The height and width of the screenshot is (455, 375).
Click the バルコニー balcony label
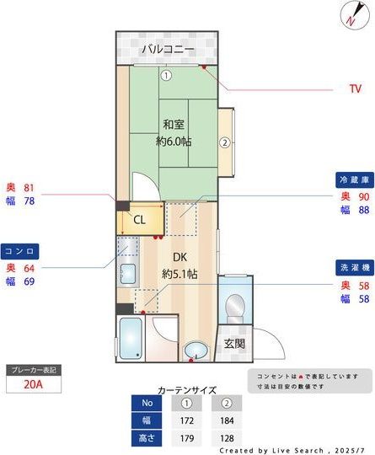[168, 50]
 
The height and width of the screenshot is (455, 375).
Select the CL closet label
[139, 219]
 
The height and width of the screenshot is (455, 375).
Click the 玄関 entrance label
[234, 343]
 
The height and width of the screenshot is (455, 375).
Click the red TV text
[355, 88]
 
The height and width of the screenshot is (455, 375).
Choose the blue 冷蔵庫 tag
[354, 180]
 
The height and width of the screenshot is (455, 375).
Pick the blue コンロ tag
[19, 251]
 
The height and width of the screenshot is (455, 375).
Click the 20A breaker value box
[34, 386]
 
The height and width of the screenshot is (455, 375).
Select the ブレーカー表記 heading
[34, 370]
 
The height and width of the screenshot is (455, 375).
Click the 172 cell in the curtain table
[189, 419]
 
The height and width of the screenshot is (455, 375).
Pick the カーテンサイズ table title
[187, 390]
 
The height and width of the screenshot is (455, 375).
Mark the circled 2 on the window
[225, 142]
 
